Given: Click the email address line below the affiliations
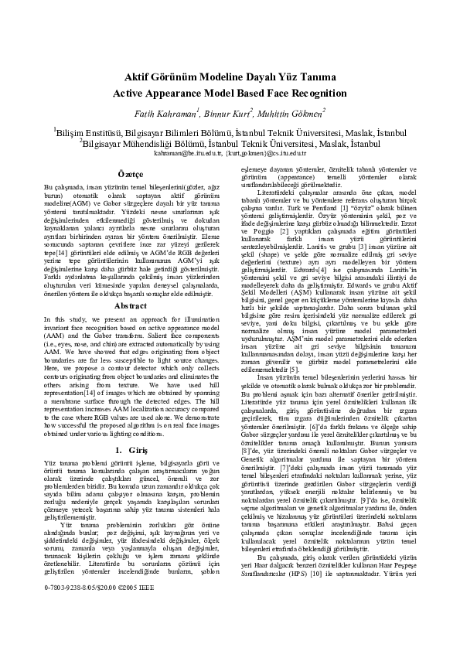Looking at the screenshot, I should (x=230, y=153).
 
